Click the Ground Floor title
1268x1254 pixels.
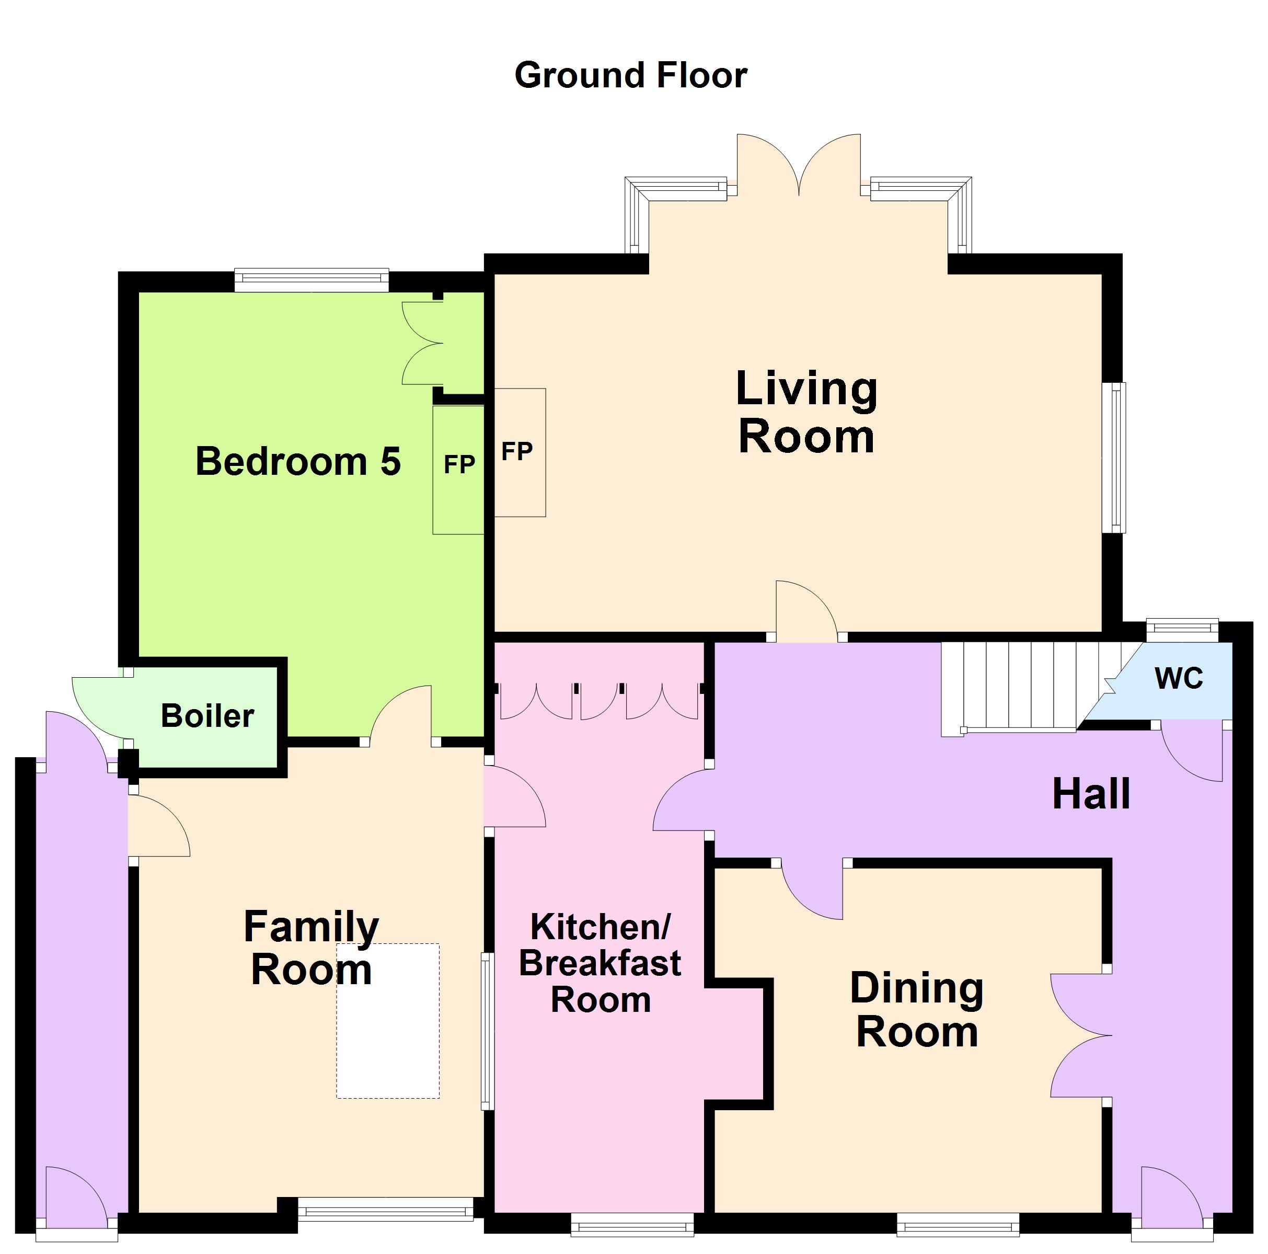click(631, 75)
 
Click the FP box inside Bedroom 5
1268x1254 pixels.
click(458, 470)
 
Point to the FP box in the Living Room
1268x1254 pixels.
click(520, 452)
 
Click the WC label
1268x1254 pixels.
click(1179, 678)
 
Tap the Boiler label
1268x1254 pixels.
click(208, 715)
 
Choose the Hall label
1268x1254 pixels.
click(1091, 794)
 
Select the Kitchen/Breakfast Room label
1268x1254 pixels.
click(600, 963)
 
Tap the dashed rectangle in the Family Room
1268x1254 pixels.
click(388, 1021)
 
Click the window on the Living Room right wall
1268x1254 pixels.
click(1114, 458)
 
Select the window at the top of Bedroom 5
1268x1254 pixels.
click(312, 280)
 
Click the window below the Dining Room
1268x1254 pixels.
click(958, 1225)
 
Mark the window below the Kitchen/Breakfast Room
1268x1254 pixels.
click(632, 1225)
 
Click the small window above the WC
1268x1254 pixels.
click(1183, 630)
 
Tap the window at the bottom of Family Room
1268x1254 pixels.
click(386, 1210)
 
